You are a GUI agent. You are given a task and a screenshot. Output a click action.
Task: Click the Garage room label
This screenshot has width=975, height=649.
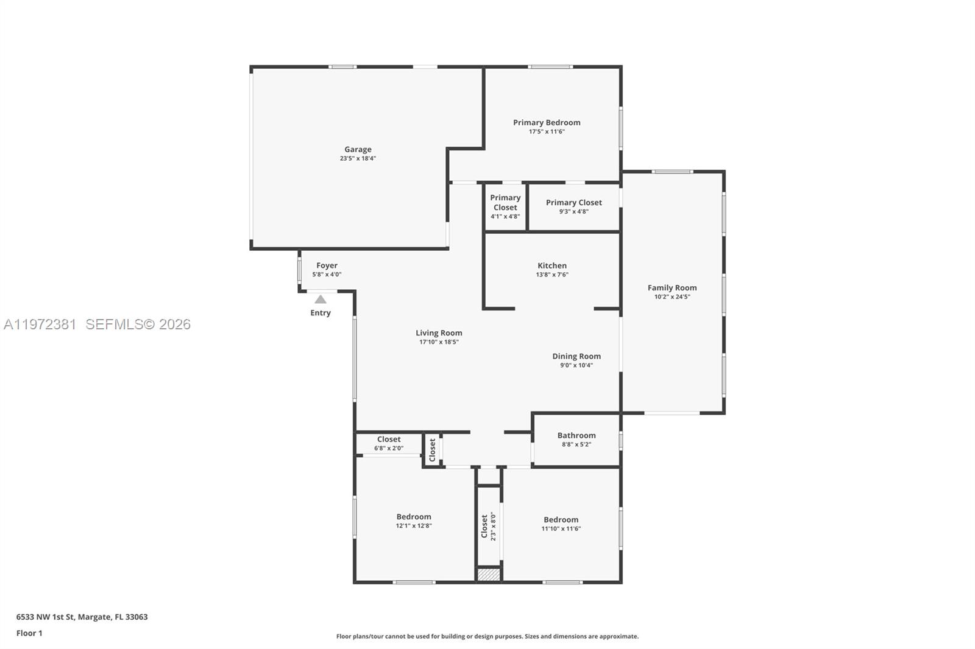358,149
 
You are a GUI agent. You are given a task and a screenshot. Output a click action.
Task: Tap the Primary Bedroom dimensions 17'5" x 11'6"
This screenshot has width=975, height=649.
547,132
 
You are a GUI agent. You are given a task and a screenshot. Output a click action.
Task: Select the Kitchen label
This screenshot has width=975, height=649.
552,265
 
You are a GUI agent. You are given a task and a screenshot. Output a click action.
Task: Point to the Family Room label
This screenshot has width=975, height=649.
672,288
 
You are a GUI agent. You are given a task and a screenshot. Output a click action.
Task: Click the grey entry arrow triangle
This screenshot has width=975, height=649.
321,300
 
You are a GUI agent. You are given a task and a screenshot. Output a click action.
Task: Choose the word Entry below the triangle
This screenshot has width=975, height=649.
321,313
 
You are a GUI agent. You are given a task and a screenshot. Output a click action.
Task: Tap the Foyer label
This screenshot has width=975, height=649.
327,265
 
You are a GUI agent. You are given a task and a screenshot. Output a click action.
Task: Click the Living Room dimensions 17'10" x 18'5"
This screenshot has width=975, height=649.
439,342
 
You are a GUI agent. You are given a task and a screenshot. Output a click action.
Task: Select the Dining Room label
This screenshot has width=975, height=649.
576,356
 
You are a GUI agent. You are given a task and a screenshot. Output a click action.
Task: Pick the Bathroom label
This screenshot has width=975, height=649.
576,435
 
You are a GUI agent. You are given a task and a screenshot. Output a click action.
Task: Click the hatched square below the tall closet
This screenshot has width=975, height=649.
488,574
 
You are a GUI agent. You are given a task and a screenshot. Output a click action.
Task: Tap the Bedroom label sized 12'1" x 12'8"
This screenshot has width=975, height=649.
414,517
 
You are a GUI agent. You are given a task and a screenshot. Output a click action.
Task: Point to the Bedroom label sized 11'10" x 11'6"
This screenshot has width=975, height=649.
561,520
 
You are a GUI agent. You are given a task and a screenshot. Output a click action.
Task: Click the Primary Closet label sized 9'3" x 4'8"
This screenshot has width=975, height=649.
573,203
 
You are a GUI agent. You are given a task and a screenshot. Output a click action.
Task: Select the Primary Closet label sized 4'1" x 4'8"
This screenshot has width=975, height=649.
505,202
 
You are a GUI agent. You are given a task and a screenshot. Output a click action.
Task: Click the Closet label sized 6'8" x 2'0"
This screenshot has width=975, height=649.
389,439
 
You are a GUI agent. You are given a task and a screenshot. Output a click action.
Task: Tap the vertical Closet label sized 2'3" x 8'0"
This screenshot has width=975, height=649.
484,526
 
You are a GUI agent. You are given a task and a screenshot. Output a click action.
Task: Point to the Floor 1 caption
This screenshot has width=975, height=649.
29,633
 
